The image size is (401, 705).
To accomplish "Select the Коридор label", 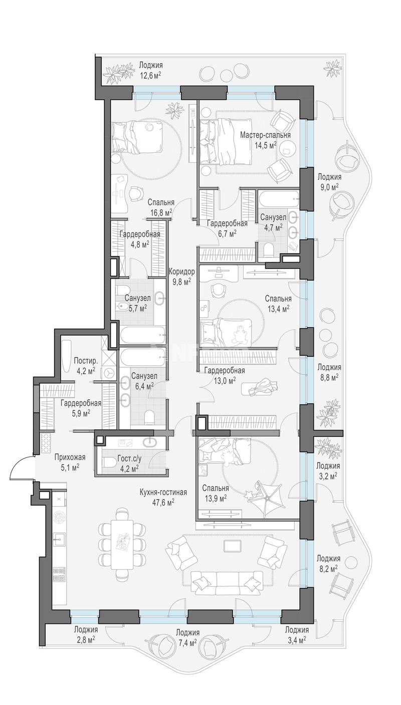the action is click(181, 271).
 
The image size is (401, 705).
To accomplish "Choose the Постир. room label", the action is click(84, 360).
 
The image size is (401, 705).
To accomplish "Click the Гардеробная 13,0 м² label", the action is click(224, 375).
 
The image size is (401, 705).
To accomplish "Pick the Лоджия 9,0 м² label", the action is click(329, 181).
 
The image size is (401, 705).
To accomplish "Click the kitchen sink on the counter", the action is click(59, 539).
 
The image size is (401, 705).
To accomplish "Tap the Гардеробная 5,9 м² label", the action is click(81, 407).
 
